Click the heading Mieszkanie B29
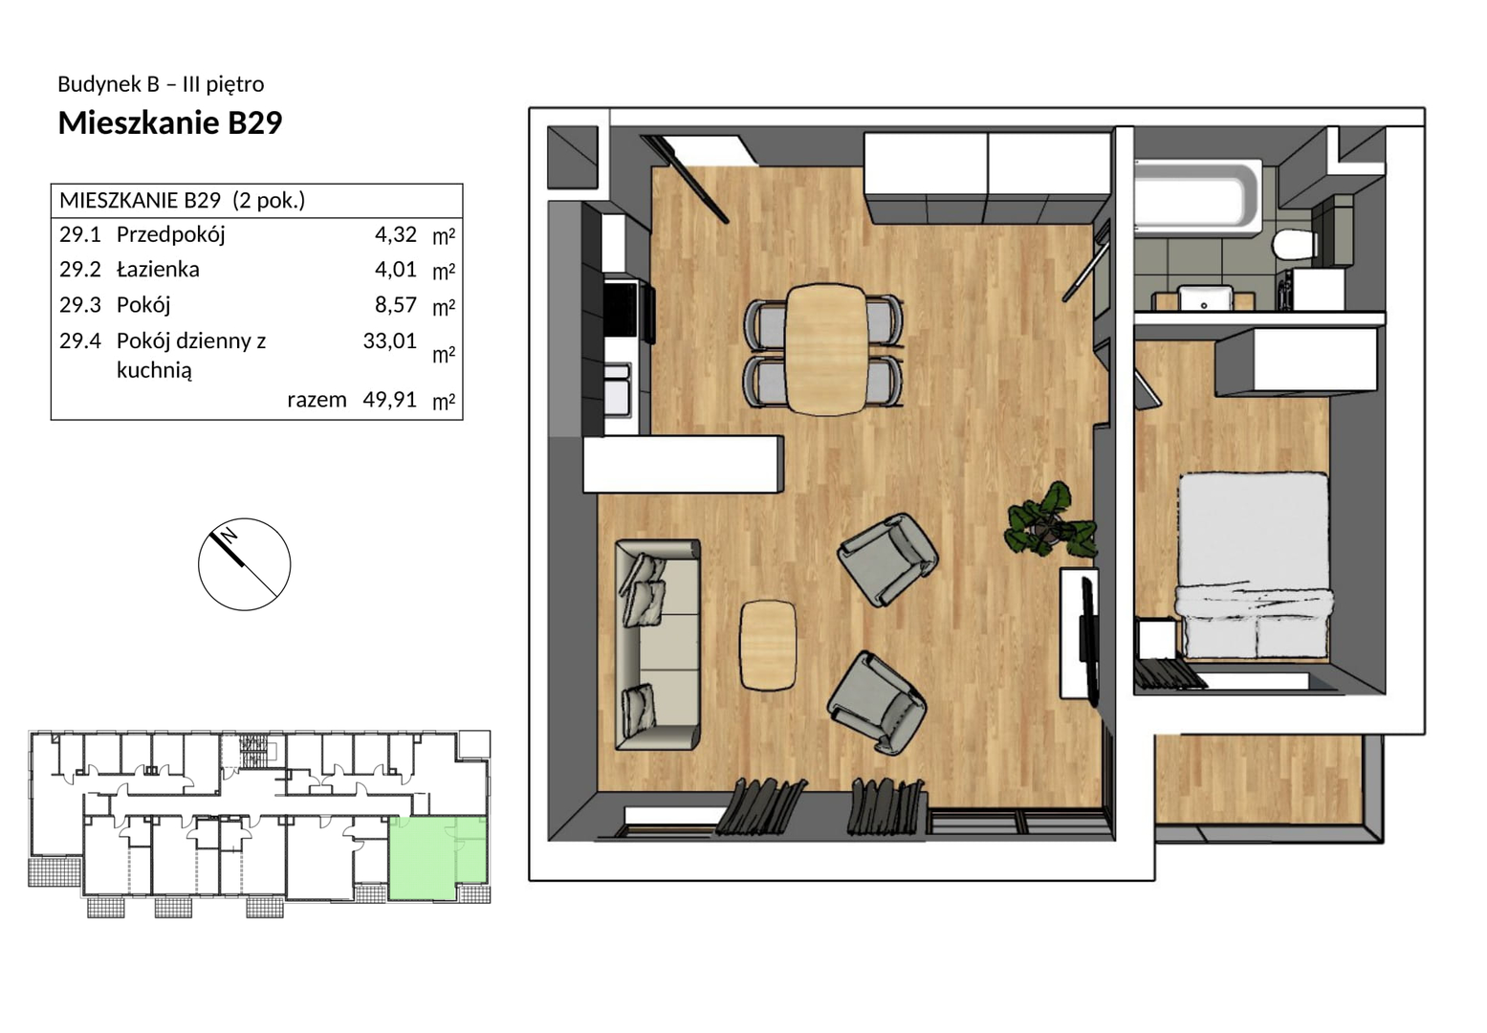pos(170,122)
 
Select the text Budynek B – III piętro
pos(162,84)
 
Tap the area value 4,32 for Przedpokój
pos(396,234)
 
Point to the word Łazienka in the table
pos(158,269)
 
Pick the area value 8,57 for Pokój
pos(396,305)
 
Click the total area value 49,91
pos(389,400)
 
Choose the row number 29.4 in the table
pos(80,341)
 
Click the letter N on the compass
pos(230,535)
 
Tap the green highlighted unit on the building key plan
pos(437,858)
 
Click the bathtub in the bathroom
pos(1197,197)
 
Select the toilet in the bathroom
pos(1295,246)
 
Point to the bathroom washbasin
pos(1205,298)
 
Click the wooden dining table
pos(826,350)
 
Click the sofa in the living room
pos(657,645)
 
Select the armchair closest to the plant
pos(887,559)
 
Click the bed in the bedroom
pos(1255,566)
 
